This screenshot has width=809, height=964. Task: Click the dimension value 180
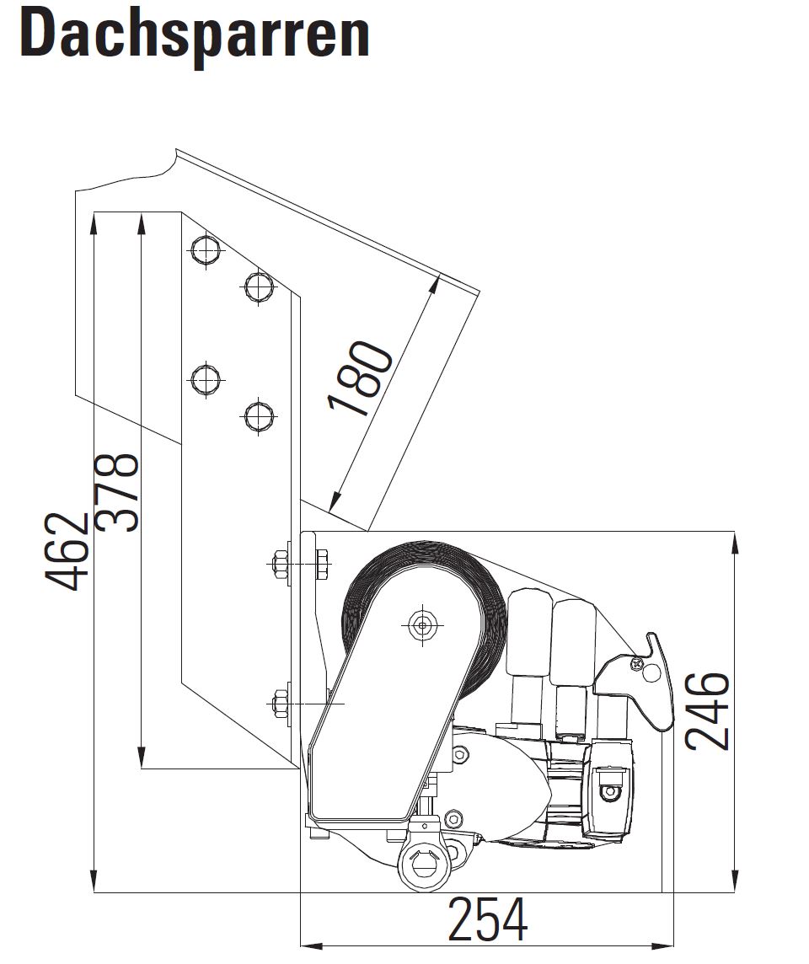pyautogui.click(x=360, y=378)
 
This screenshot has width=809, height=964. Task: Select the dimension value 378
pyautogui.click(x=116, y=492)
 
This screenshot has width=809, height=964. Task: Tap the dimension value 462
pyautogui.click(x=67, y=551)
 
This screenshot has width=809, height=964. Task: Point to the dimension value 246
pyautogui.click(x=707, y=711)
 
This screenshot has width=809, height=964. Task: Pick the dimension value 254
pyautogui.click(x=487, y=919)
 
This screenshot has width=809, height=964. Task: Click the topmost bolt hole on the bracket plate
pyautogui.click(x=206, y=250)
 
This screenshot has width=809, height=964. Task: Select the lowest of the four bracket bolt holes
pyautogui.click(x=258, y=416)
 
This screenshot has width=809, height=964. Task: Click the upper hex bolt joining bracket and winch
pyautogui.click(x=301, y=563)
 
